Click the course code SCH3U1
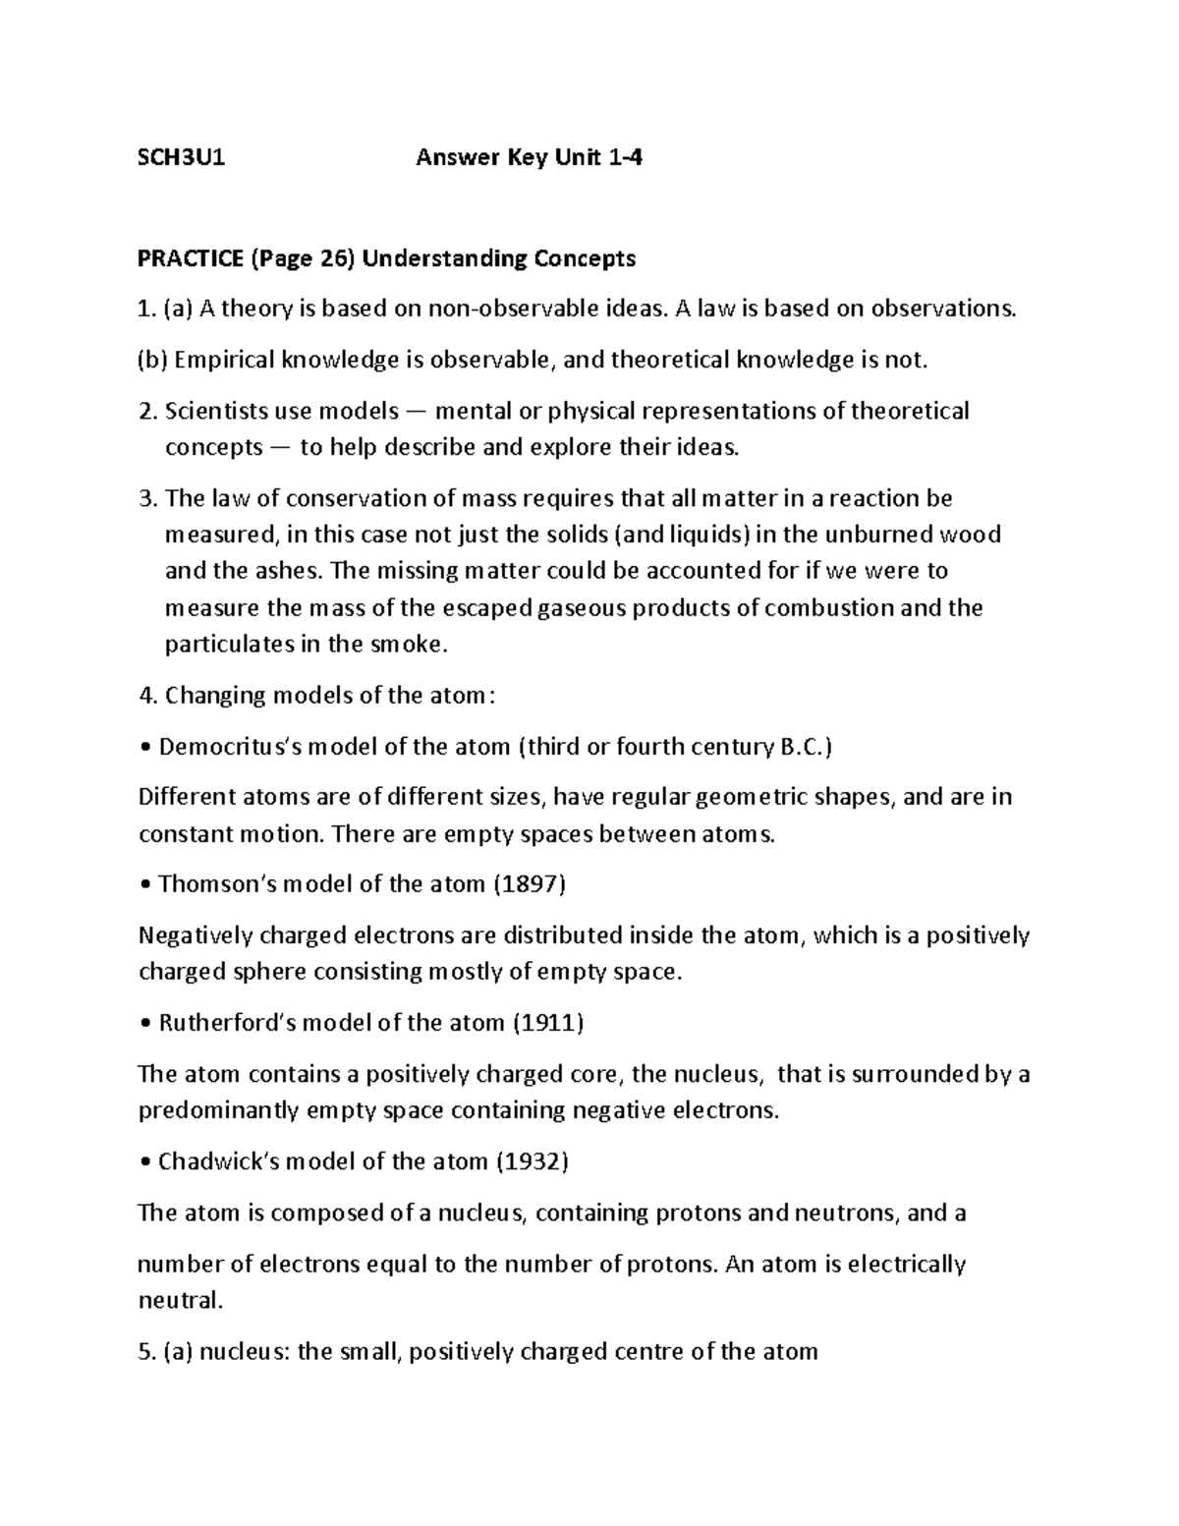[x=182, y=157]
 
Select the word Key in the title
[x=527, y=157]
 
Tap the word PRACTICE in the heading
[x=191, y=258]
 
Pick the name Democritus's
[x=231, y=747]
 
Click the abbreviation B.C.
[x=804, y=747]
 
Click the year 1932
[x=533, y=1161]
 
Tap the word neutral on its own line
[x=179, y=1301]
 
